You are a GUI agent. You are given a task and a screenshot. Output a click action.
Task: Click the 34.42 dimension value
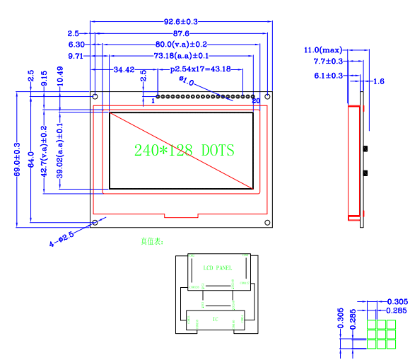124,69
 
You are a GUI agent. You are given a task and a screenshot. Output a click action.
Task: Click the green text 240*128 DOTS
184,150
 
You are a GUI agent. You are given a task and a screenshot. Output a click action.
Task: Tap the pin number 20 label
255,102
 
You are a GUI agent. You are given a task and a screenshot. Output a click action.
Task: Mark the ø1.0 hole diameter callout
187,82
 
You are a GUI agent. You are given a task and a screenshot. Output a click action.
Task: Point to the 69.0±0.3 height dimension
18,160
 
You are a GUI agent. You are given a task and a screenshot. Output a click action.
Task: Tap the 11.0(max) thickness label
322,50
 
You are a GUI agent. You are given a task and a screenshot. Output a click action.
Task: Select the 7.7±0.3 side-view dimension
329,62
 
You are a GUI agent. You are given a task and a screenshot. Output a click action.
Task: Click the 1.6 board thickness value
378,82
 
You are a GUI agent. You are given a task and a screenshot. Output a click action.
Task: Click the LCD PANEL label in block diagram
217,268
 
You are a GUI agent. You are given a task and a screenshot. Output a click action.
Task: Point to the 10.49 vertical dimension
60,76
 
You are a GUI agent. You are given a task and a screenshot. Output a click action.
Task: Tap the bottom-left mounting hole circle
95,223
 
